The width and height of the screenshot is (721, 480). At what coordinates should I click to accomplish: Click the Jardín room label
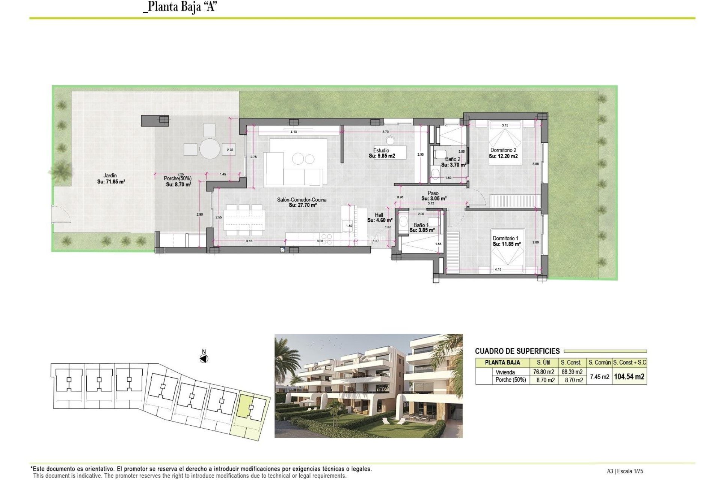[110, 175]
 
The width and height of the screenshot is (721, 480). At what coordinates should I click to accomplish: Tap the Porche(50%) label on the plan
[178, 178]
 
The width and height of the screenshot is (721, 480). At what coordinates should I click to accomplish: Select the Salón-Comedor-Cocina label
[302, 199]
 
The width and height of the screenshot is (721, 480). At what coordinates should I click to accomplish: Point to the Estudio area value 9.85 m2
[382, 156]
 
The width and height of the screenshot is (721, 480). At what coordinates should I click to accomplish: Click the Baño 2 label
[453, 159]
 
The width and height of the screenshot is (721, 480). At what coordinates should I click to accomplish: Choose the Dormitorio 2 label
[503, 150]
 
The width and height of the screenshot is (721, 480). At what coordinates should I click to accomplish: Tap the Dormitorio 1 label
[505, 238]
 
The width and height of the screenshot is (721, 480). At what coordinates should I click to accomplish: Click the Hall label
[379, 215]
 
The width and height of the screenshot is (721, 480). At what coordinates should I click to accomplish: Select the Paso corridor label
[433, 193]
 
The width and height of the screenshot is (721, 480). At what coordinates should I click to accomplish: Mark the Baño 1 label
[421, 225]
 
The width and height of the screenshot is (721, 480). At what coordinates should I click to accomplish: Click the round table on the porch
[210, 149]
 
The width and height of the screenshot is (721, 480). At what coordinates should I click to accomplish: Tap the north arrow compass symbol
[204, 359]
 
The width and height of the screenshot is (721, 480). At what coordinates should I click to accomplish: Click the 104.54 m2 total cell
[629, 376]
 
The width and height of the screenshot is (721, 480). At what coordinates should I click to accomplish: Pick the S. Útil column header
[543, 363]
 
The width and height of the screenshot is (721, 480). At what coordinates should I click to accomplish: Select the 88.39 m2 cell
[572, 372]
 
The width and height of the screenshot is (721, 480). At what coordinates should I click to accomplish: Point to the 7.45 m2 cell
[599, 376]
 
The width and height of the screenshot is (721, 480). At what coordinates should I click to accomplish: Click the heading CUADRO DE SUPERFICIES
[517, 351]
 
